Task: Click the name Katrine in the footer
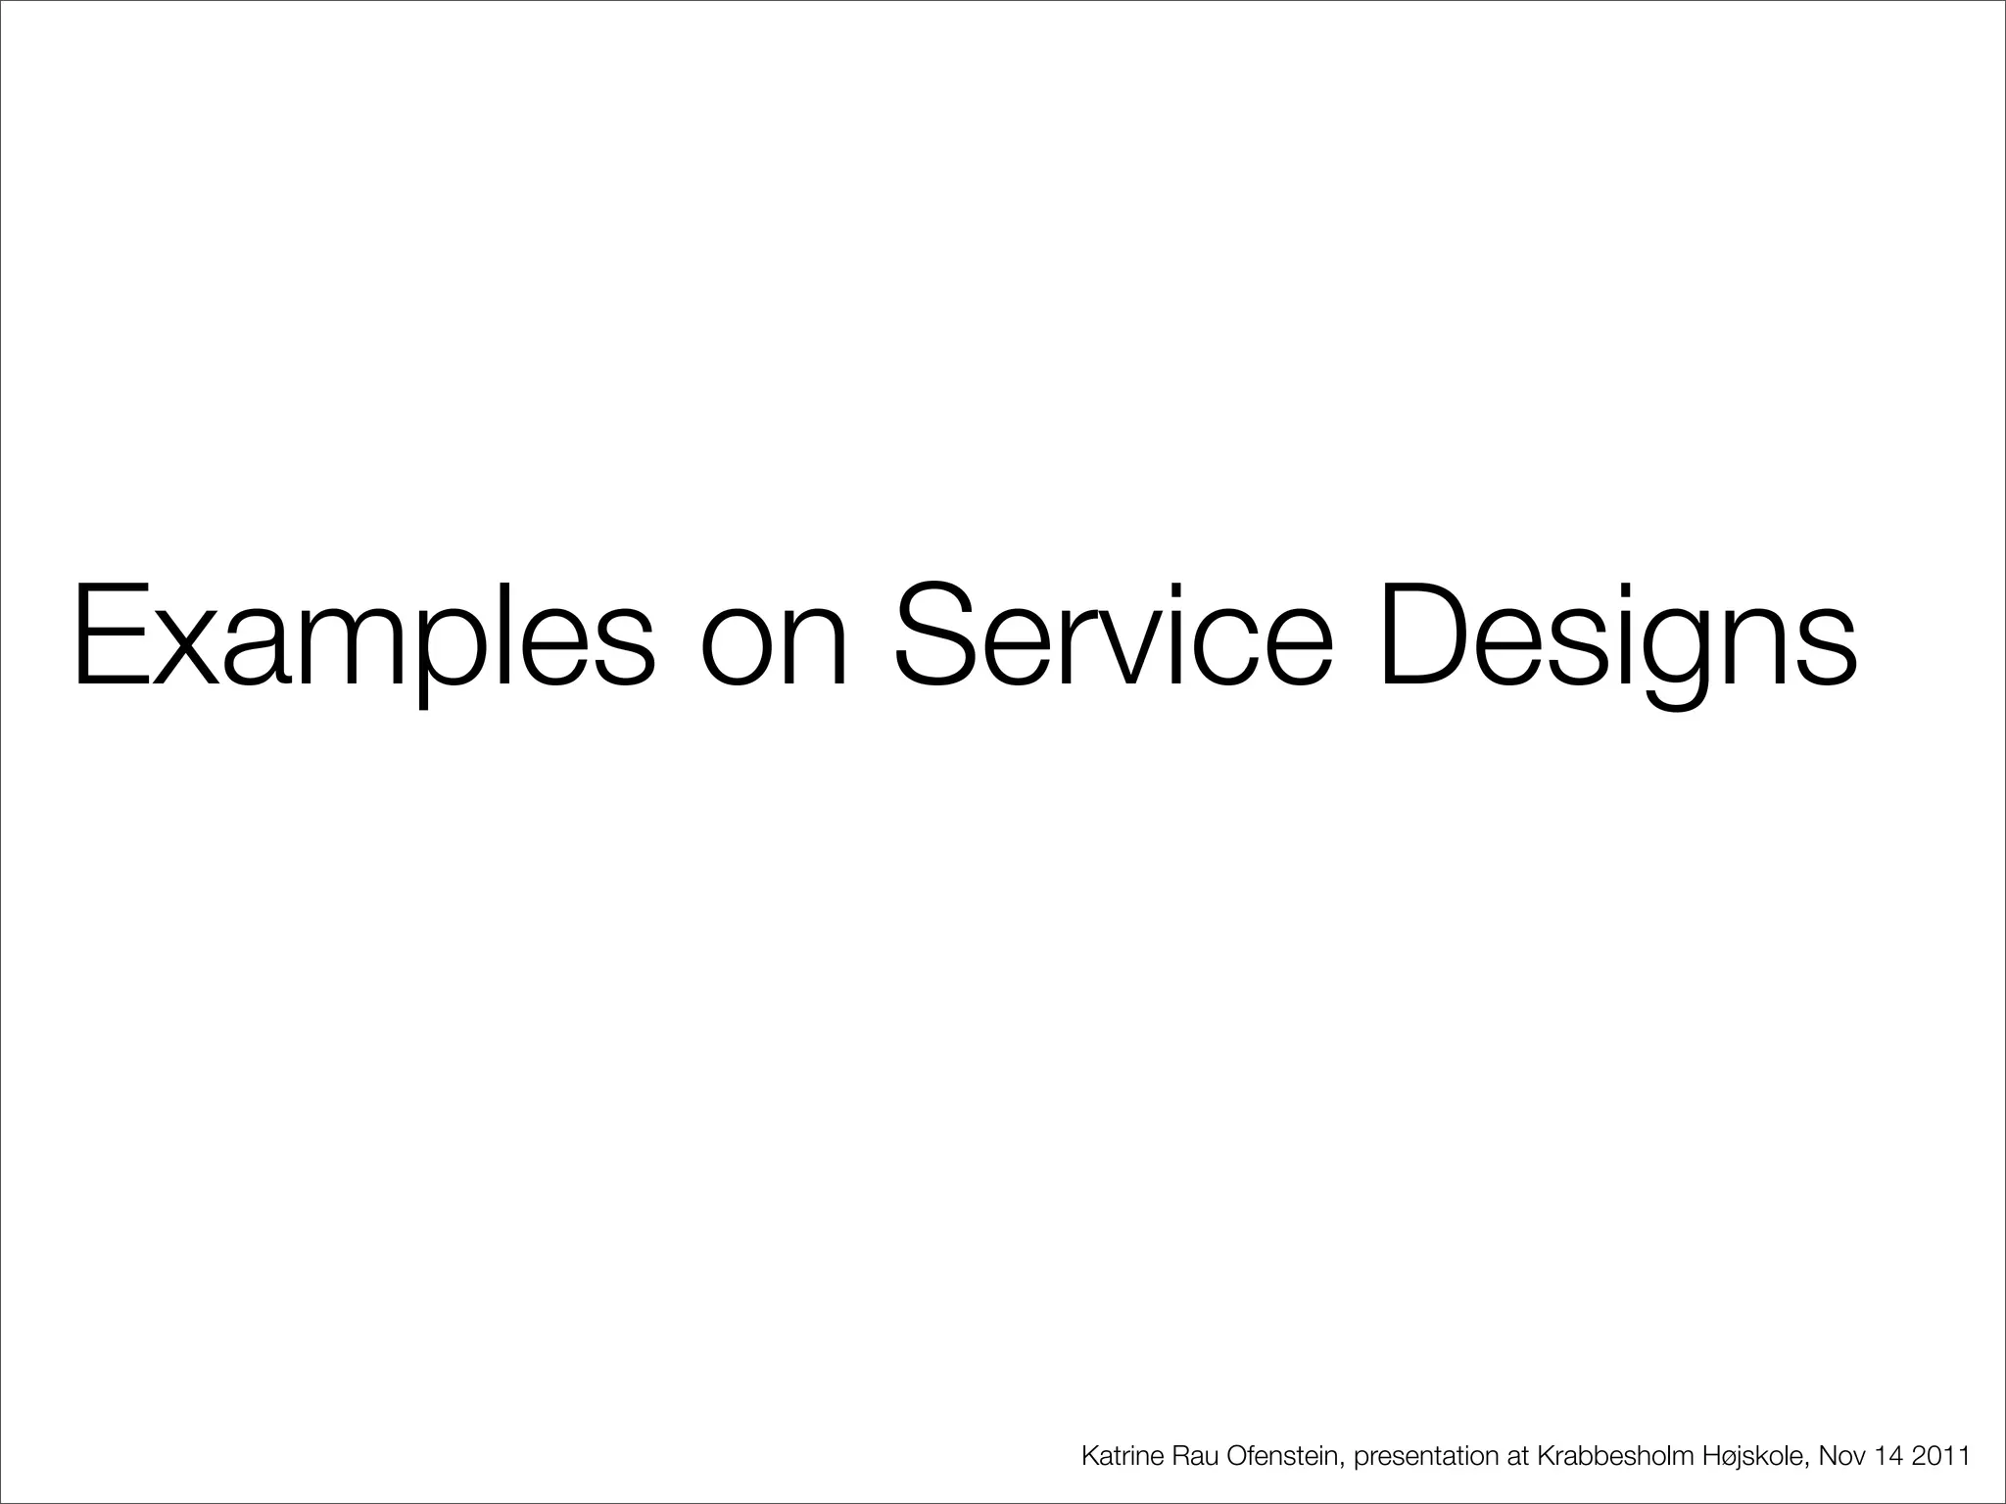point(1122,1456)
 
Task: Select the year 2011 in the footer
point(1942,1456)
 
